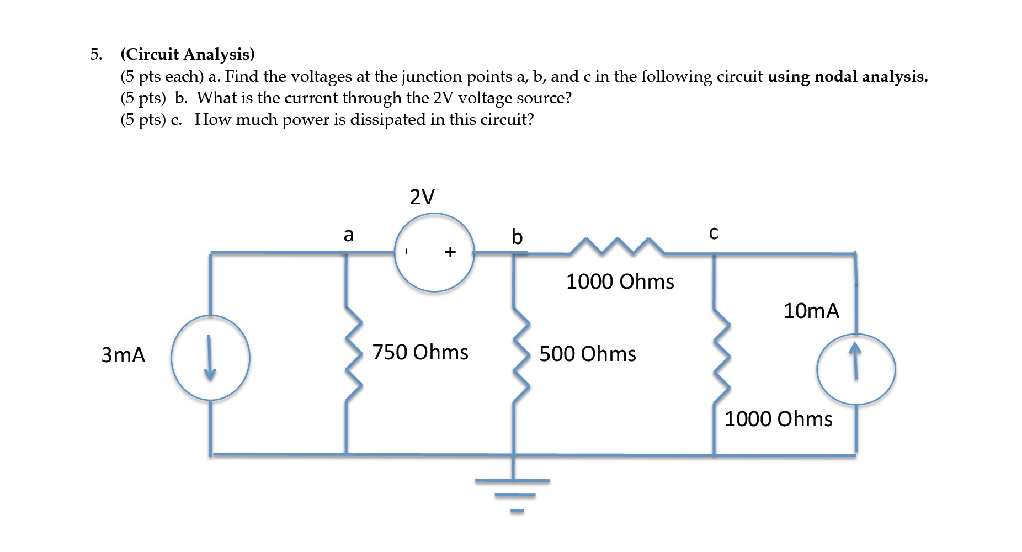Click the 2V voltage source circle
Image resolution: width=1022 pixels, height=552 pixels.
point(434,253)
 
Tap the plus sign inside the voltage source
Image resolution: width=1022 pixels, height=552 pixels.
point(450,252)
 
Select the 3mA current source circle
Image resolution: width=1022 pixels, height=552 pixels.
point(210,358)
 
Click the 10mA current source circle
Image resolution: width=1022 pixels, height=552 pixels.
point(856,369)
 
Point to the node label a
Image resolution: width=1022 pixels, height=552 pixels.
point(348,235)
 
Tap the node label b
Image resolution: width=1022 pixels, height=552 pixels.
point(517,236)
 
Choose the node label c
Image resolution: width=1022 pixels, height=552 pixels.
point(714,233)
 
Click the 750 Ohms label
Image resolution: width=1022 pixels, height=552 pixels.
point(420,352)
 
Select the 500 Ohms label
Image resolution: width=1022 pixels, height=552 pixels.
point(588,354)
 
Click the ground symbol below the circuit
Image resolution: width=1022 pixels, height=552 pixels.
point(514,489)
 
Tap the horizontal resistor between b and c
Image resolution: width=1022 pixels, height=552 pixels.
point(617,247)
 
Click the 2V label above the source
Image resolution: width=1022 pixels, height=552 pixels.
point(422,197)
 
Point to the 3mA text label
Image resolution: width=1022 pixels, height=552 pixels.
point(123,354)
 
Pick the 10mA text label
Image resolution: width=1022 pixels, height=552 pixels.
point(811,311)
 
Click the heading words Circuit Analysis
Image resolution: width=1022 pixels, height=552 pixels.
point(188,54)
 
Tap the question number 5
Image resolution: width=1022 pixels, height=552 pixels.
point(95,54)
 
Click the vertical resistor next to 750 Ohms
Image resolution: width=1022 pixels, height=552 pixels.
point(353,353)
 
